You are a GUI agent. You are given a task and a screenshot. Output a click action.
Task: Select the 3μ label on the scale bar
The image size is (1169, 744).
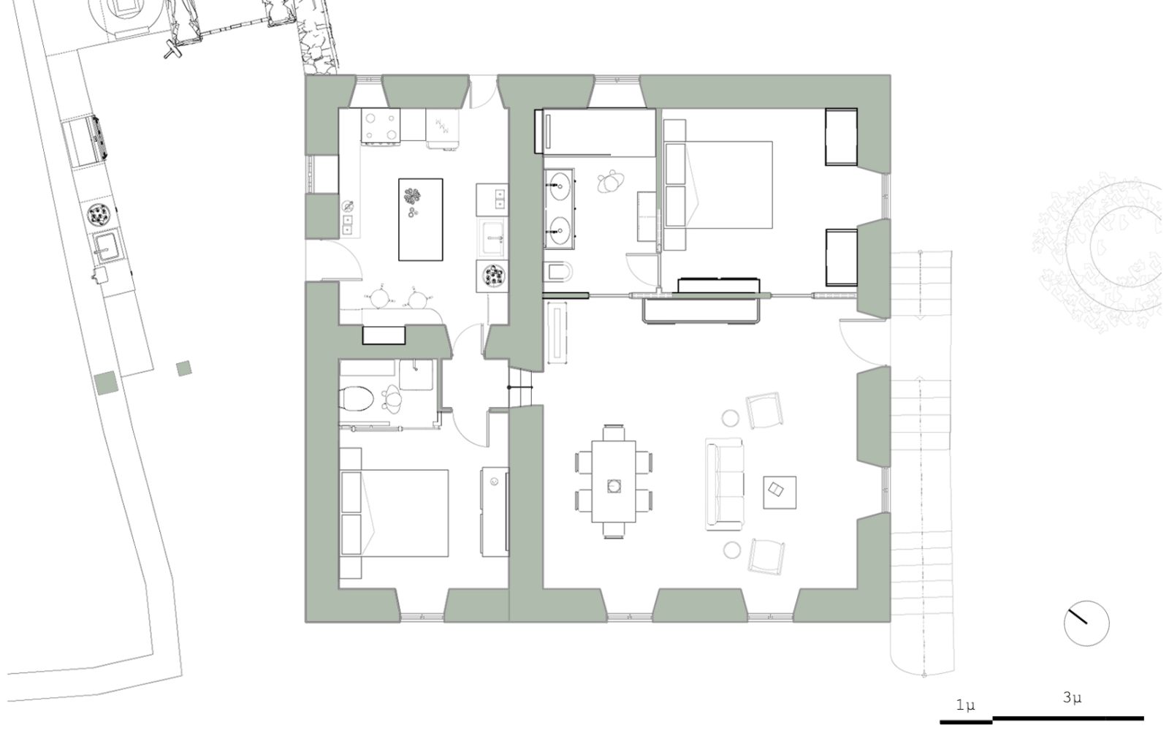pos(1072,697)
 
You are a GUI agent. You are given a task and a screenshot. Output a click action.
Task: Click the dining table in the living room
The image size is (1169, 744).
pos(614,482)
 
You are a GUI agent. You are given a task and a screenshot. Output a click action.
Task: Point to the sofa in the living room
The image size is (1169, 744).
pos(724,484)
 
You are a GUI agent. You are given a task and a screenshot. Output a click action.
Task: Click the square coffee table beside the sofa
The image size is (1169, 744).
pos(780,492)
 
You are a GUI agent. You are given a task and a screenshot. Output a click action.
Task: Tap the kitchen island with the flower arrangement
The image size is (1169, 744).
pos(421,219)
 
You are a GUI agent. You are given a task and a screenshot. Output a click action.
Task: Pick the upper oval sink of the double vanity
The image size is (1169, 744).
pos(560,186)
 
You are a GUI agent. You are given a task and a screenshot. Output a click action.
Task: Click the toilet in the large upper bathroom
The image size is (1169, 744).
pos(558,271)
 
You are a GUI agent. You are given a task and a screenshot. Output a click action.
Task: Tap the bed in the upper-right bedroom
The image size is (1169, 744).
pos(718,185)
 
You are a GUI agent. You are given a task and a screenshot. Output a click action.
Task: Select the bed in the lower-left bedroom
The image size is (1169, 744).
pos(394,513)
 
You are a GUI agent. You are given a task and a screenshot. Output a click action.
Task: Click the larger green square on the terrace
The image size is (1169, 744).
pos(107,383)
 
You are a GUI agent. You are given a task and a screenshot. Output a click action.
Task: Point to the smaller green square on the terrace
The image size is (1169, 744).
pos(183,368)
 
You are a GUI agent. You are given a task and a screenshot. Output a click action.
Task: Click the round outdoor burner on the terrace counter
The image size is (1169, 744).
pos(98,215)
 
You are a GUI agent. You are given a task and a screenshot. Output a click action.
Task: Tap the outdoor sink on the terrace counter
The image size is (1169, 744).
pos(107,246)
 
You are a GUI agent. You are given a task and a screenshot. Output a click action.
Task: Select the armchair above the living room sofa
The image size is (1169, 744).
pos(764,411)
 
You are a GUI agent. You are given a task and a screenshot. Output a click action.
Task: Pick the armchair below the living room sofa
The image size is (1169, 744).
pos(766,557)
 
